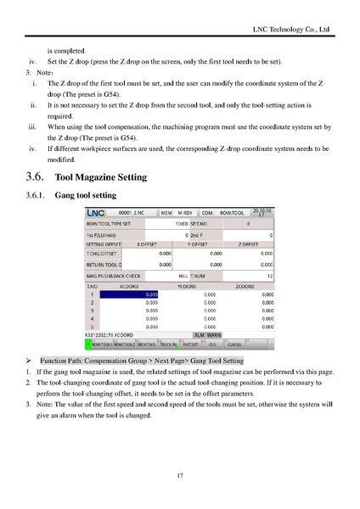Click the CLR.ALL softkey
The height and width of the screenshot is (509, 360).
(235, 345)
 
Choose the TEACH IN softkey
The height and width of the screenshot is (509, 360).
(168, 345)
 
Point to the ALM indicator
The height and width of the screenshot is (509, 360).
(199, 335)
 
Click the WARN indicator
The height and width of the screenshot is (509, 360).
(214, 335)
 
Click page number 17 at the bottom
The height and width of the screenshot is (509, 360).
(180, 474)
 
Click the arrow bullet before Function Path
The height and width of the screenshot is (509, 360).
(31, 361)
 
